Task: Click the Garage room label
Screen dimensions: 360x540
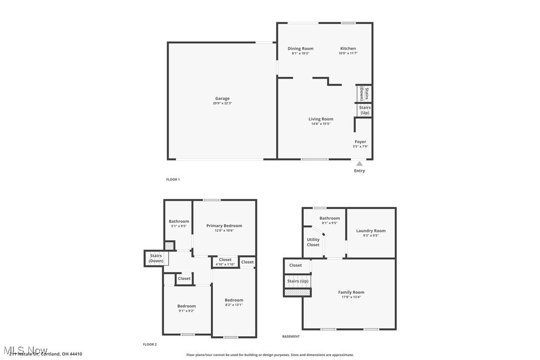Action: coord(222,98)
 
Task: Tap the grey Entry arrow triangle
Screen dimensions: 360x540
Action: coord(359,164)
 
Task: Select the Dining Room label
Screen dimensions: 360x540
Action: coord(300,49)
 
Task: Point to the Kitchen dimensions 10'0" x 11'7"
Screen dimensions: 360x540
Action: coord(348,53)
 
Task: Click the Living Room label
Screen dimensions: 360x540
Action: coord(321,119)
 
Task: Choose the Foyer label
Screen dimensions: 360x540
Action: coord(360,142)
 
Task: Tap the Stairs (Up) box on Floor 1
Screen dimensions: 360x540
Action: coord(364,110)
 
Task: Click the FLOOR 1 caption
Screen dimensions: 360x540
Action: coord(173,180)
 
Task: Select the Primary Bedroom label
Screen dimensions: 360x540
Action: coord(224,226)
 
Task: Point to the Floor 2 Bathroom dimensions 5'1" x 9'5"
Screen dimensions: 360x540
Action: coord(179,226)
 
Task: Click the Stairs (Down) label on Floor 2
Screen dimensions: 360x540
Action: coord(156,258)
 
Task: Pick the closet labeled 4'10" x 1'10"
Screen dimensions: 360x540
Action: coord(225,262)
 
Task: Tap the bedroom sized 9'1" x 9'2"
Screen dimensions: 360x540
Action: coord(186,308)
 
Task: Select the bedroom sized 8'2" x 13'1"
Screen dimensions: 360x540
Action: coord(234,302)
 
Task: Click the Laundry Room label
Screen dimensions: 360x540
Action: coord(370,231)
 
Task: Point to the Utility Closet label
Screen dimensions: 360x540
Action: coord(313,242)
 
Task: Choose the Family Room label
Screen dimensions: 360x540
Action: coord(351,292)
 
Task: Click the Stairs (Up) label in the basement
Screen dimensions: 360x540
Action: coord(297,281)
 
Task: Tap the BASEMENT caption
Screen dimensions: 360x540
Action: coord(291,337)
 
